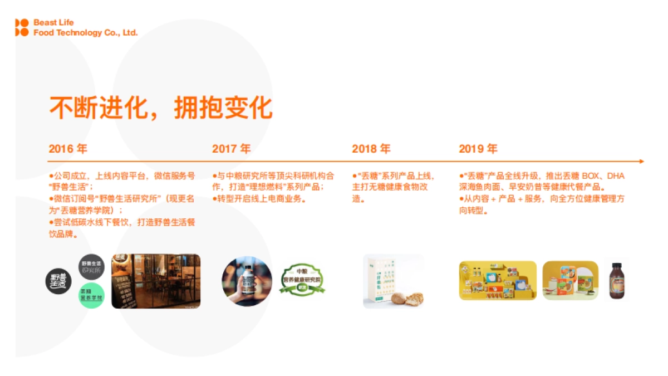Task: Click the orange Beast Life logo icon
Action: click(22, 27)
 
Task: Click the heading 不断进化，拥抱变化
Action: click(161, 108)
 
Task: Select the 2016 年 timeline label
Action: click(68, 149)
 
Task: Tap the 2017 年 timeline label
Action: click(231, 149)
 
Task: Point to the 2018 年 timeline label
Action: click(371, 149)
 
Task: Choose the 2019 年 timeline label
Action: click(478, 149)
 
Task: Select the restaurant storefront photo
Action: click(156, 281)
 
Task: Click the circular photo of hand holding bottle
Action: click(247, 281)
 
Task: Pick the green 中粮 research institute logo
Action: click(302, 280)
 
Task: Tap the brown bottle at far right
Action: click(616, 281)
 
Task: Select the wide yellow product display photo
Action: click(498, 281)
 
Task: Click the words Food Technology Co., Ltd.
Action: click(85, 33)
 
